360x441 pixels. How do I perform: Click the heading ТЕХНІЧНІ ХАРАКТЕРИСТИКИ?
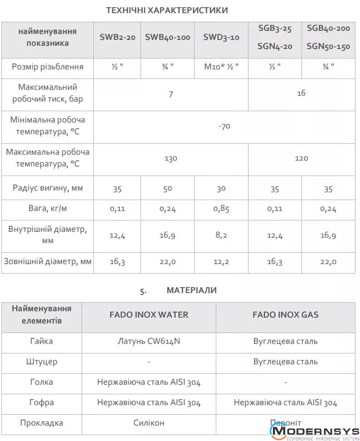click(x=167, y=10)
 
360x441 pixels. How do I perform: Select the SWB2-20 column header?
click(x=117, y=38)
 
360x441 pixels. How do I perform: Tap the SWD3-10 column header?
click(x=221, y=38)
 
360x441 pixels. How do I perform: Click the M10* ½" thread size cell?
click(x=221, y=67)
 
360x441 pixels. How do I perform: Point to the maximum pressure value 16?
click(x=301, y=93)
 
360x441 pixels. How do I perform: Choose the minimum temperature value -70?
click(x=224, y=126)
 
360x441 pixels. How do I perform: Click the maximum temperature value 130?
click(x=170, y=159)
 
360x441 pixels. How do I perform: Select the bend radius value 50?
click(x=167, y=188)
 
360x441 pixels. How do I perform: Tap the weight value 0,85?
click(x=221, y=209)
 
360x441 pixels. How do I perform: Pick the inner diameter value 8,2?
click(x=221, y=235)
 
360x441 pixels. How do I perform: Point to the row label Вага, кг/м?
click(x=48, y=209)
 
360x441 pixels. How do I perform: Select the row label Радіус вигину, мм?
click(x=48, y=188)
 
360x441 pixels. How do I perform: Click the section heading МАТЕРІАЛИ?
click(x=191, y=290)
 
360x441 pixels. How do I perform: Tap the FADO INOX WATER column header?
click(x=149, y=314)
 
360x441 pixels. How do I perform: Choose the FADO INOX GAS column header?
click(x=285, y=314)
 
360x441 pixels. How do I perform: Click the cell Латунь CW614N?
click(x=149, y=341)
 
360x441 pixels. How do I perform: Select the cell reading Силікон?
click(x=149, y=423)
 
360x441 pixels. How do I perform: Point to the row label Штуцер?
click(x=42, y=362)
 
